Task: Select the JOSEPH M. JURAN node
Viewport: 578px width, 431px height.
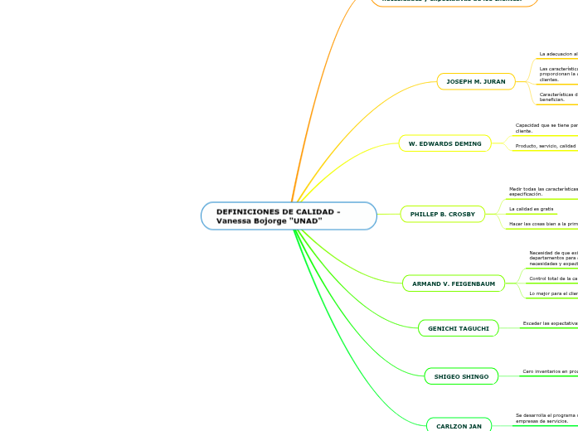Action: click(x=475, y=81)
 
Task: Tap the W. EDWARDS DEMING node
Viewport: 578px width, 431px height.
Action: click(x=444, y=143)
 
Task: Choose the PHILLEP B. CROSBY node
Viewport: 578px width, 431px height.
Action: click(x=442, y=214)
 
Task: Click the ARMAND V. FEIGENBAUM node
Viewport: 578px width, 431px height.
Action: click(x=453, y=283)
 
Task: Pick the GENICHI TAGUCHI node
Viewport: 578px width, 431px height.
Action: click(x=458, y=328)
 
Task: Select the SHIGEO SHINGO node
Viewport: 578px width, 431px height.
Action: click(x=461, y=376)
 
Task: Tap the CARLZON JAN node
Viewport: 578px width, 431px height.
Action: click(x=459, y=425)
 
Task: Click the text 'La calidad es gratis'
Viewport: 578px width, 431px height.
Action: click(x=532, y=209)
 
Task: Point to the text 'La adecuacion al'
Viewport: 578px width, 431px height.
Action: click(x=558, y=54)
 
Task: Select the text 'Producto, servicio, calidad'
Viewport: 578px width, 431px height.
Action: click(x=546, y=146)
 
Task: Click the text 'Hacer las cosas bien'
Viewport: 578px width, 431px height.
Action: click(x=543, y=224)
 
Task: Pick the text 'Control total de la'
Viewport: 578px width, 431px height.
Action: click(x=553, y=278)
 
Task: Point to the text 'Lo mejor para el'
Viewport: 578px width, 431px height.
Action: click(x=553, y=293)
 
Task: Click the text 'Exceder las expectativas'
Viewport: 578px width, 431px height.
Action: click(x=550, y=323)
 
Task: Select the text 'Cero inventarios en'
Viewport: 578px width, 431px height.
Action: click(x=550, y=372)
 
